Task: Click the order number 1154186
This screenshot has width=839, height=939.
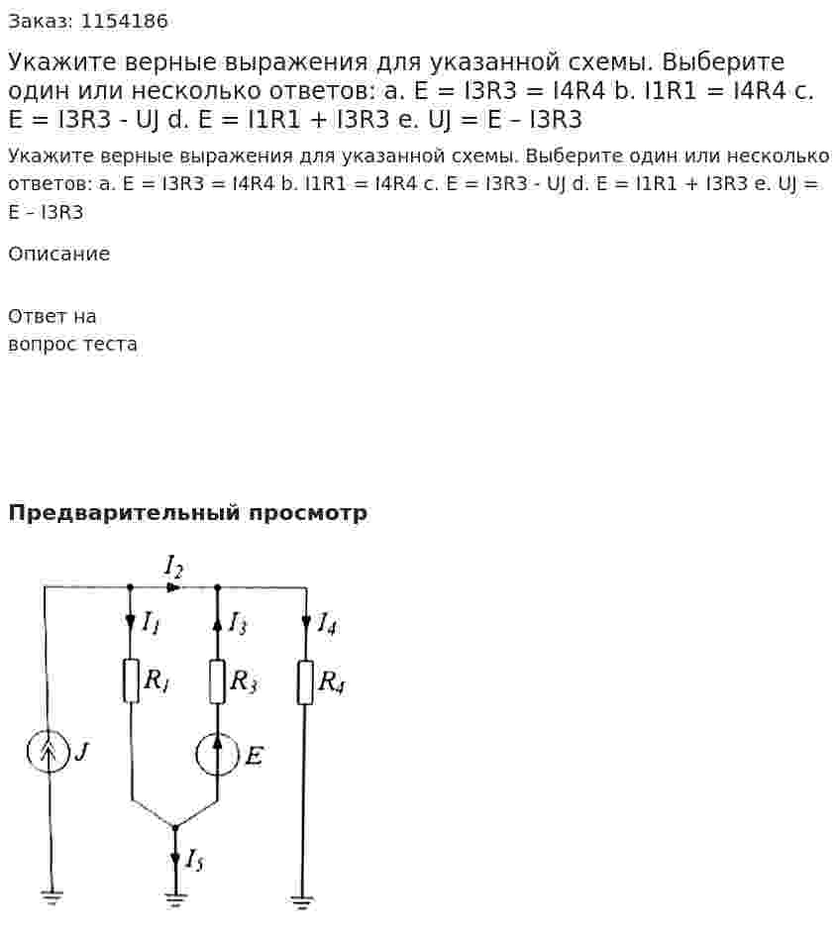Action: point(124,22)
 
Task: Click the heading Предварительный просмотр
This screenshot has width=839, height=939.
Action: point(187,513)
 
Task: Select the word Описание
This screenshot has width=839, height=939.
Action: point(58,254)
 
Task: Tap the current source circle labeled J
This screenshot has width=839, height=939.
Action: point(48,751)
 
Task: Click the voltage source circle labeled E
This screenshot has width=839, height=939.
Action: point(217,755)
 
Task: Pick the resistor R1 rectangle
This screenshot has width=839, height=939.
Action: point(131,680)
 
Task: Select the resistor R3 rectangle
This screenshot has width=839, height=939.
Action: point(217,681)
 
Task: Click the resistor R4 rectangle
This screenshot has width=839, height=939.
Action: point(305,682)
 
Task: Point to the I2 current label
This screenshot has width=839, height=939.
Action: point(173,568)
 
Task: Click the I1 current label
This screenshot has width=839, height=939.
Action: point(151,623)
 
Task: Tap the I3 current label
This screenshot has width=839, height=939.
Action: point(238,623)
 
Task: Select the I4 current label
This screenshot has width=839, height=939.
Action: point(326,623)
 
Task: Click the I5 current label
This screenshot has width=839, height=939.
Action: point(194,860)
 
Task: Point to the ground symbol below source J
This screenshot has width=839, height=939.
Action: point(52,897)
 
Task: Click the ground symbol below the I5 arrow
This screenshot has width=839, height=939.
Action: point(175,899)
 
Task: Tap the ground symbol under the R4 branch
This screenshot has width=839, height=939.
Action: point(301,902)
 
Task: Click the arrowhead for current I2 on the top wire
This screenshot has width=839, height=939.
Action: point(173,588)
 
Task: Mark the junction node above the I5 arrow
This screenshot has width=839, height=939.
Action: point(175,828)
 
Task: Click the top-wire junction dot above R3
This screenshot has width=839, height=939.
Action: point(217,588)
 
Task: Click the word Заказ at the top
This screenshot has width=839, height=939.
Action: point(41,22)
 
